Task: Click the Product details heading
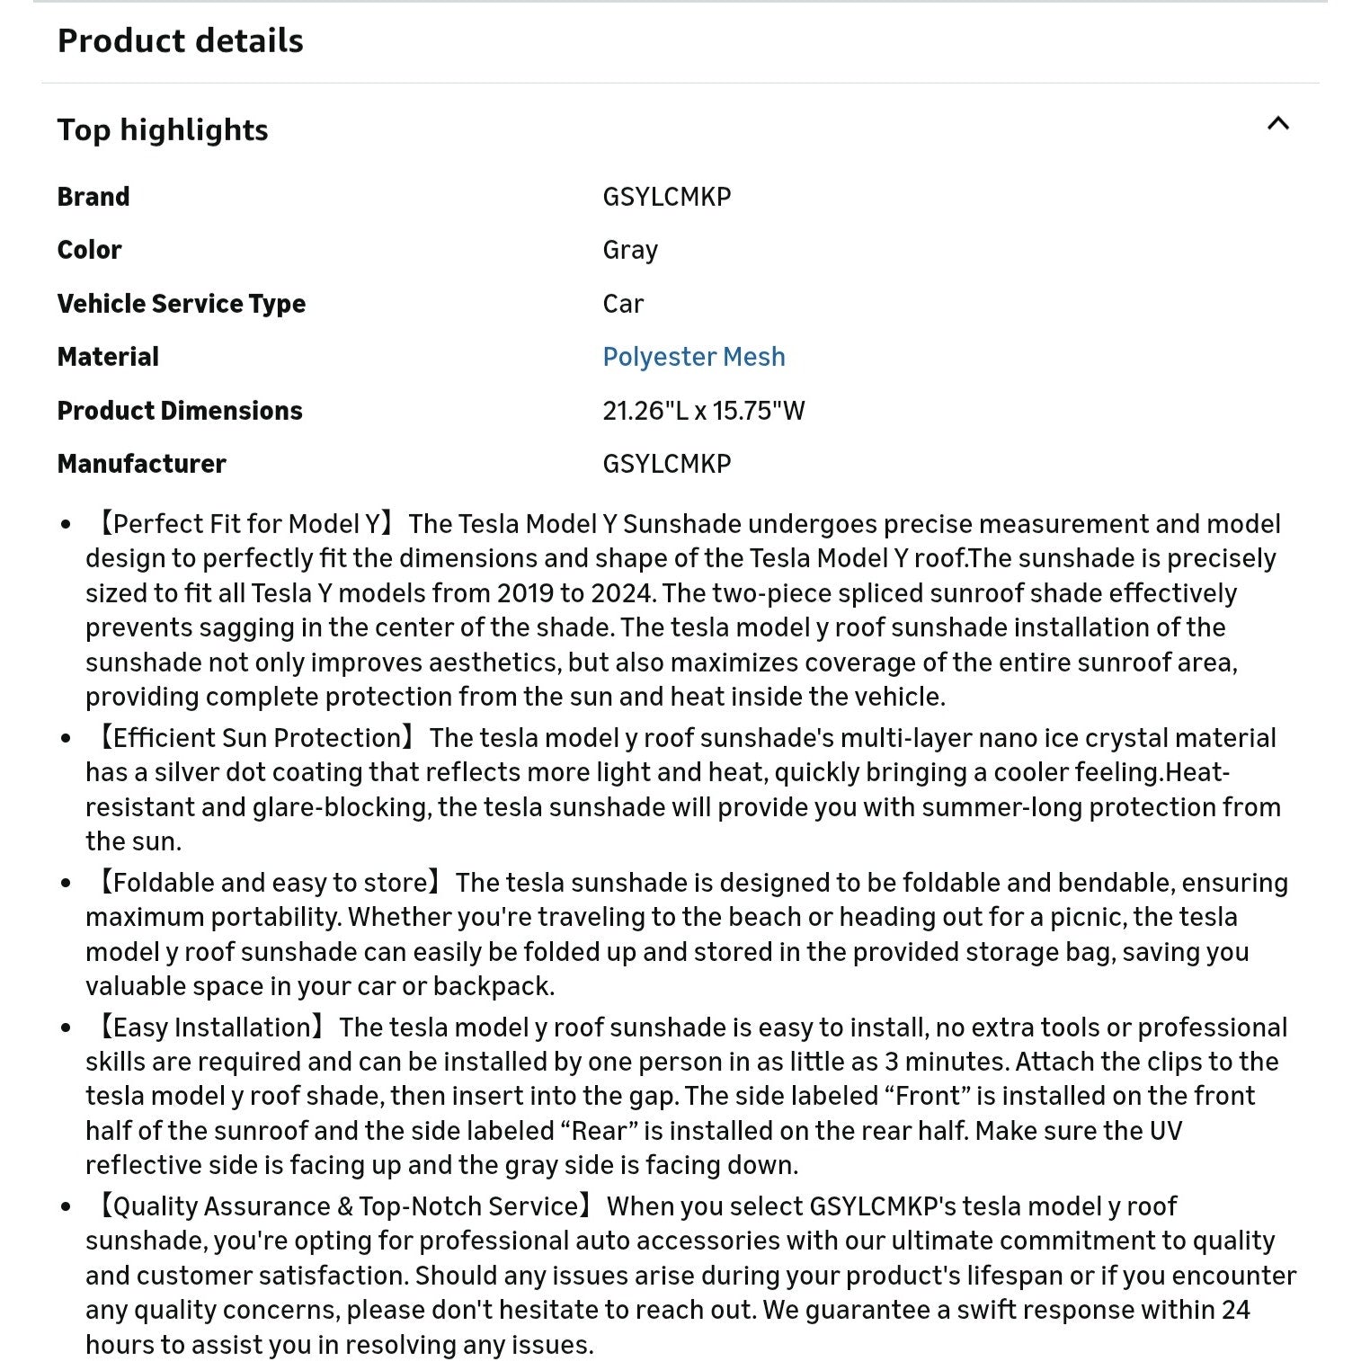(180, 41)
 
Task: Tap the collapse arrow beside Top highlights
(1277, 124)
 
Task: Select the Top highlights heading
(163, 130)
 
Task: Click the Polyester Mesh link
(693, 357)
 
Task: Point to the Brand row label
(93, 197)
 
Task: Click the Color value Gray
(630, 250)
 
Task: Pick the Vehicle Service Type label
(181, 304)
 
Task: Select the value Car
(623, 304)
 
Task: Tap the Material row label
(108, 357)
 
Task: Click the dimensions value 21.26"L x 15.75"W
(703, 411)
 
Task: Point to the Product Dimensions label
(180, 411)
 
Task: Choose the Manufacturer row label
(141, 464)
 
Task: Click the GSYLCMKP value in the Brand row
(666, 197)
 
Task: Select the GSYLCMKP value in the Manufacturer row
(666, 464)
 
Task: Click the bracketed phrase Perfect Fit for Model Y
(245, 524)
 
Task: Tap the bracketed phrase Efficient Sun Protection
(256, 738)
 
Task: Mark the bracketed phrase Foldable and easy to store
(269, 883)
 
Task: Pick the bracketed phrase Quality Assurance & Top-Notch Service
(345, 1206)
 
